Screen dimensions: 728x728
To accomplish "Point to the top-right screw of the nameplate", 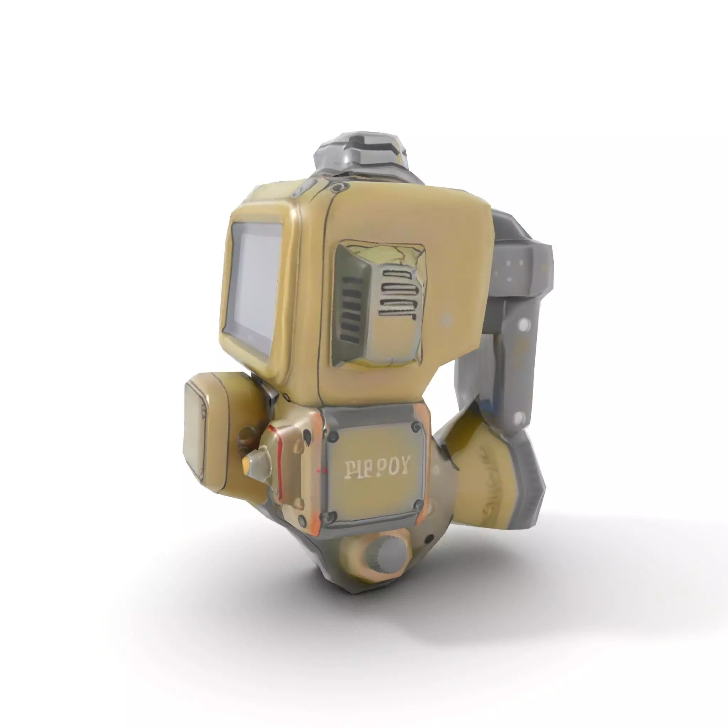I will tap(416, 427).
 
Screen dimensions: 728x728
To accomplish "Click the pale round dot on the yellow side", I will tap(446, 321).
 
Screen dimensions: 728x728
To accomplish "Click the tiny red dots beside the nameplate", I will tap(321, 471).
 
